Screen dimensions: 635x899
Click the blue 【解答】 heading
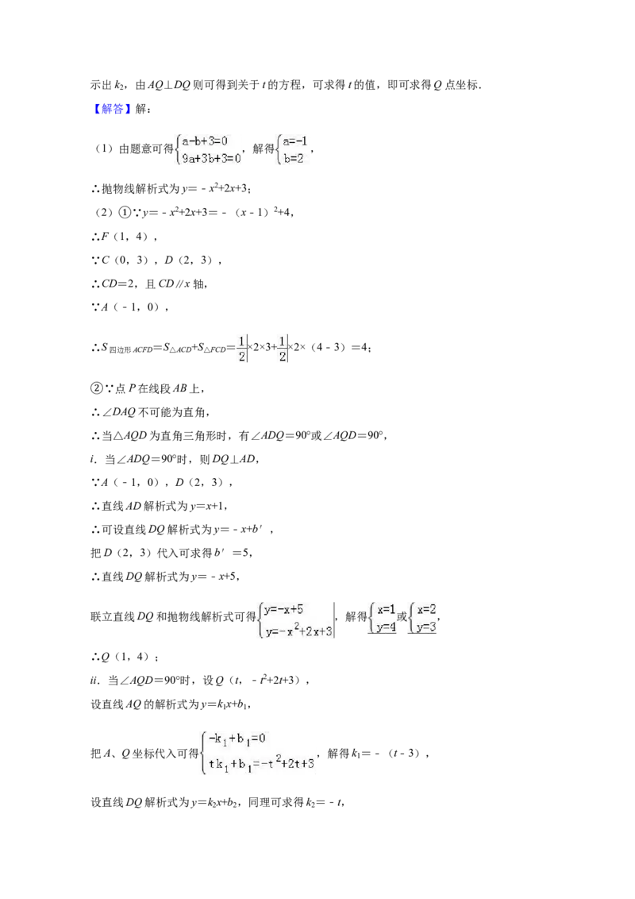point(113,109)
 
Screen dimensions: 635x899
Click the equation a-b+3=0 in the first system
point(205,141)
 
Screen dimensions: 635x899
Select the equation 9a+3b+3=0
point(211,158)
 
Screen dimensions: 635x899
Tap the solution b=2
point(294,158)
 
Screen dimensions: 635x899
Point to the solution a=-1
point(295,141)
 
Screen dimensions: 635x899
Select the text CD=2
point(119,284)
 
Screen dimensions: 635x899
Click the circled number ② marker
point(96,388)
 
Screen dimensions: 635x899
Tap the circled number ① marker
point(125,212)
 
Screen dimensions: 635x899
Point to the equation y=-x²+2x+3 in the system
point(298,631)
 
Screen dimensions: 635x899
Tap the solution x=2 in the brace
point(426,609)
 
